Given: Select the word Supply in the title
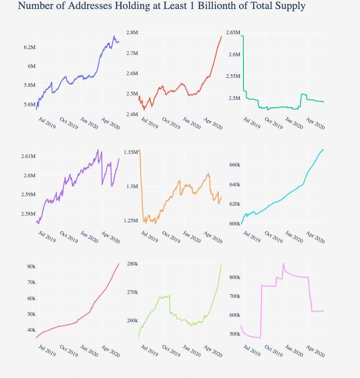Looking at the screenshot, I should (289, 6).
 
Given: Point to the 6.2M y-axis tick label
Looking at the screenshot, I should (29, 47).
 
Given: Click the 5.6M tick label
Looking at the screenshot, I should (29, 104).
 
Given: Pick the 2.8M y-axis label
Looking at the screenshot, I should (132, 33).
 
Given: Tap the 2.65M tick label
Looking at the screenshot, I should (233, 32).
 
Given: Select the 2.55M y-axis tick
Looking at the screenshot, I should (233, 76).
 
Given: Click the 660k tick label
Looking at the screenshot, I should (234, 165).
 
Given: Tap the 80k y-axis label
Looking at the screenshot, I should (31, 266).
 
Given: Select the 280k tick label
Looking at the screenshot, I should (132, 264).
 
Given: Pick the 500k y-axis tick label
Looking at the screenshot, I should (234, 334).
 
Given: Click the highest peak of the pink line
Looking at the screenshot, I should (283, 264).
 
